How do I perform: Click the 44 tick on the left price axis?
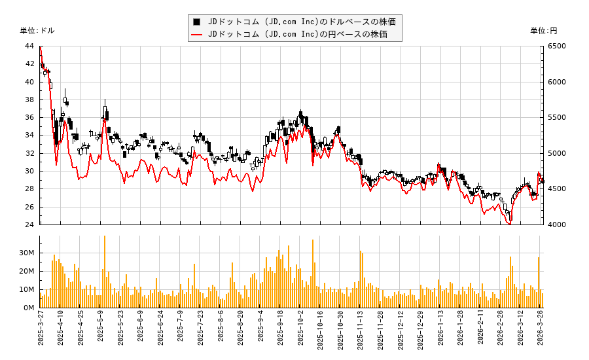click(x=29, y=46)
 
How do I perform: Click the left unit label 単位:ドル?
click(x=37, y=31)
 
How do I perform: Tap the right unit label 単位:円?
click(x=543, y=31)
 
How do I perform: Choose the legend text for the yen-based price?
click(x=297, y=35)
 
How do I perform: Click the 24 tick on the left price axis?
click(x=29, y=225)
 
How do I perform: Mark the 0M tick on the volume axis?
click(x=29, y=308)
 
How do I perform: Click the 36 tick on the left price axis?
click(x=29, y=118)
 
